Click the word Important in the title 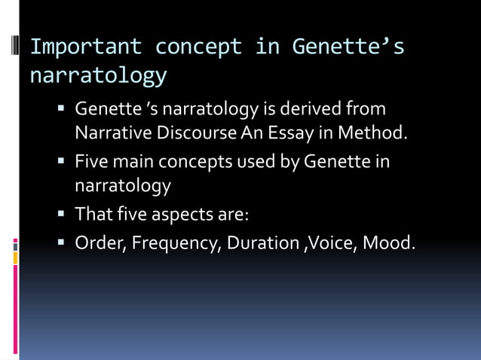pyautogui.click(x=85, y=47)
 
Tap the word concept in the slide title pyautogui.click(x=198, y=47)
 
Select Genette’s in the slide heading pyautogui.click(x=348, y=47)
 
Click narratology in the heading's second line pyautogui.click(x=98, y=75)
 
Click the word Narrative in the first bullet pyautogui.click(x=111, y=134)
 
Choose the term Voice pyautogui.click(x=330, y=243)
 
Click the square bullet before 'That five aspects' pyautogui.click(x=63, y=215)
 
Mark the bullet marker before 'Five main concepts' pyautogui.click(x=63, y=162)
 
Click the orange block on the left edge pyautogui.click(x=15, y=258)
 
